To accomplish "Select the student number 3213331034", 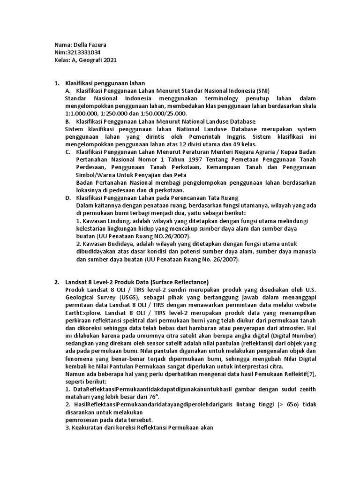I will pyautogui.click(x=86, y=52).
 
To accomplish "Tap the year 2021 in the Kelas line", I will pyautogui.click(x=109, y=60).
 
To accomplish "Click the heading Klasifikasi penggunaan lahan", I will pyautogui.click(x=105, y=83).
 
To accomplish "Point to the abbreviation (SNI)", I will pyautogui.click(x=262, y=90).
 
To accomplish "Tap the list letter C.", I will pyautogui.click(x=68, y=152).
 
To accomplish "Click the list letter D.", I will pyautogui.click(x=68, y=198).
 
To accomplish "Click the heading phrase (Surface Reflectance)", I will pyautogui.click(x=180, y=282).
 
